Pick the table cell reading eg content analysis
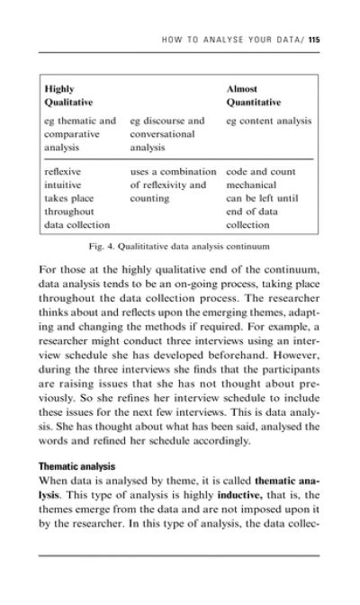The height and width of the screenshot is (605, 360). point(269,121)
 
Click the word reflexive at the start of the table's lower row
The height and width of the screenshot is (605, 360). point(64,170)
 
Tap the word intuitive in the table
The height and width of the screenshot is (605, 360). point(64,184)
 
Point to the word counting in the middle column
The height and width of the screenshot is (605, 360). point(151,197)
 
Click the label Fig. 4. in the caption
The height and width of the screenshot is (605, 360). point(108,245)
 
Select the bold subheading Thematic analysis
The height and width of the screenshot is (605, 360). point(77,467)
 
